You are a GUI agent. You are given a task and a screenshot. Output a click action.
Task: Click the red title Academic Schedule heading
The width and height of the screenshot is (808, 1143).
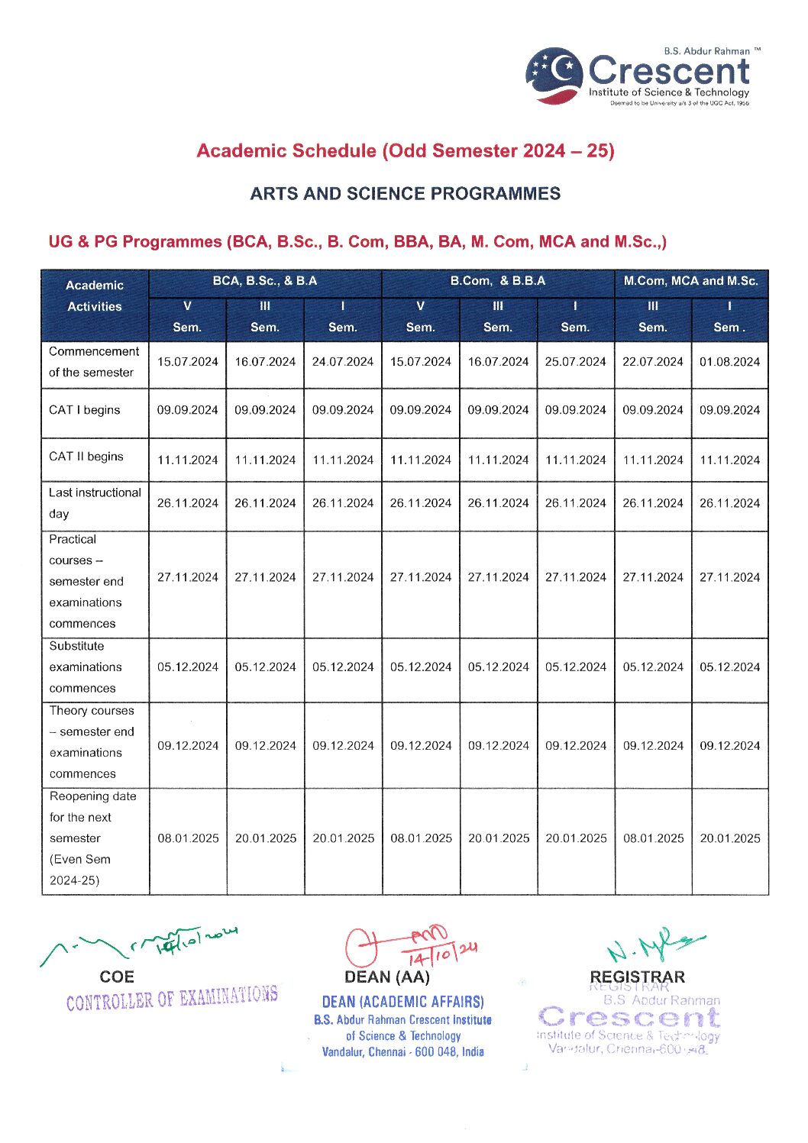pyautogui.click(x=405, y=150)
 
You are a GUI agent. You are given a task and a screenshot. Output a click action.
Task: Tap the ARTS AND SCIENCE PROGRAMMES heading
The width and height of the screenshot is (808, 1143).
pyautogui.click(x=405, y=193)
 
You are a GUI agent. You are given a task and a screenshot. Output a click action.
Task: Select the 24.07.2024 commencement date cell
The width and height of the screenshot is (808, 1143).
pyautogui.click(x=343, y=362)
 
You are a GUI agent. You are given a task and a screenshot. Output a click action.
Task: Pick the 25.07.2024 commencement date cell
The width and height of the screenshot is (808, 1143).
pyautogui.click(x=575, y=362)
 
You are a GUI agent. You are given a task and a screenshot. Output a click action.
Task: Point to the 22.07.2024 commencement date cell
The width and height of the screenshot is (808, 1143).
pyautogui.click(x=652, y=362)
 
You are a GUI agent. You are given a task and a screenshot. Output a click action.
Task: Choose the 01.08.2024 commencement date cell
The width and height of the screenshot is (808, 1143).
pyautogui.click(x=729, y=362)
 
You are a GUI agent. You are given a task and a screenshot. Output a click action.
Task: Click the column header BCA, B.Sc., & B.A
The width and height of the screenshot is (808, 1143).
pyautogui.click(x=264, y=281)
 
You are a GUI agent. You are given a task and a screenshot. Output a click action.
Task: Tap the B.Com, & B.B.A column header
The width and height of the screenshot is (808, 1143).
pyautogui.click(x=497, y=281)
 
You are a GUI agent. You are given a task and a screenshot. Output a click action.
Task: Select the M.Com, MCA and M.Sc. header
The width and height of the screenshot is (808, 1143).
pyautogui.click(x=690, y=281)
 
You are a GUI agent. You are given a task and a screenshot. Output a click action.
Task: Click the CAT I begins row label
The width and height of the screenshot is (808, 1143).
pyautogui.click(x=85, y=410)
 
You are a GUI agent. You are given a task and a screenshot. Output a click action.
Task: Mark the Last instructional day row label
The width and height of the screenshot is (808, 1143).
pyautogui.click(x=95, y=503)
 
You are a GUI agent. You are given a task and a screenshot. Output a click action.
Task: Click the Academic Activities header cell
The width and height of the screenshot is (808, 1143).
pyautogui.click(x=95, y=296)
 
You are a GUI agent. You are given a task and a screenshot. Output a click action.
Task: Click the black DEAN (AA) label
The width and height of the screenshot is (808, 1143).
pyautogui.click(x=387, y=977)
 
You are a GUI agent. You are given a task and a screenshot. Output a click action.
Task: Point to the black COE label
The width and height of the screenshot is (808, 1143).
pyautogui.click(x=117, y=977)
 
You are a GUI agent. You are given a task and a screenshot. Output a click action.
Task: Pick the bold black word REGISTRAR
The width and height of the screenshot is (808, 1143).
pyautogui.click(x=637, y=977)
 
